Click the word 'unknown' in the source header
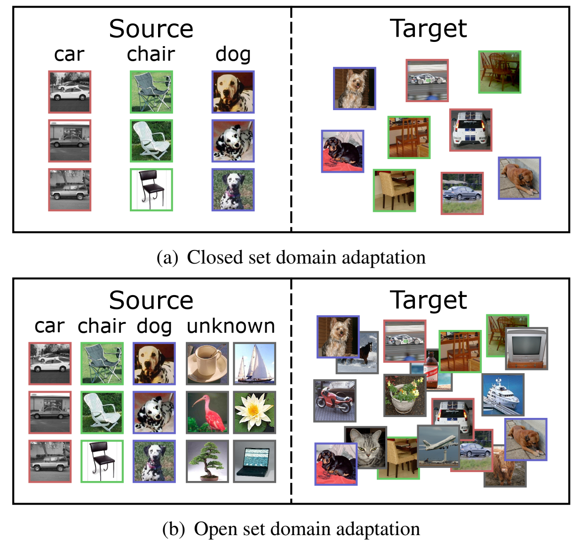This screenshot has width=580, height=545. (x=230, y=326)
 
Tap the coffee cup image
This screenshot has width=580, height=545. (x=207, y=364)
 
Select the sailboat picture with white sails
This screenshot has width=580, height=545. (x=254, y=364)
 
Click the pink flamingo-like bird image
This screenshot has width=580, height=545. (x=207, y=413)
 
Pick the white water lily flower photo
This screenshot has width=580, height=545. (x=254, y=413)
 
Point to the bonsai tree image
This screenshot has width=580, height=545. (x=207, y=461)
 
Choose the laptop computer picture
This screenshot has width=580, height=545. (x=254, y=461)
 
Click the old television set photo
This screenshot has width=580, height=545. (x=527, y=349)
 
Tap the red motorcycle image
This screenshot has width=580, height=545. (x=334, y=401)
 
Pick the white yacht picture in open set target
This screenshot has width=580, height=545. (x=502, y=394)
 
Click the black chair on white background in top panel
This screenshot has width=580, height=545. (x=151, y=190)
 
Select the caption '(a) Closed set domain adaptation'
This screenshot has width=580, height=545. (x=291, y=257)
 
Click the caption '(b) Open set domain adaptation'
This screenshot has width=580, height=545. (x=291, y=529)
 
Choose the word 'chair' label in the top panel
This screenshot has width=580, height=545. (x=151, y=54)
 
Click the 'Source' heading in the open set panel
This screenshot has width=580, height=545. (x=151, y=300)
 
